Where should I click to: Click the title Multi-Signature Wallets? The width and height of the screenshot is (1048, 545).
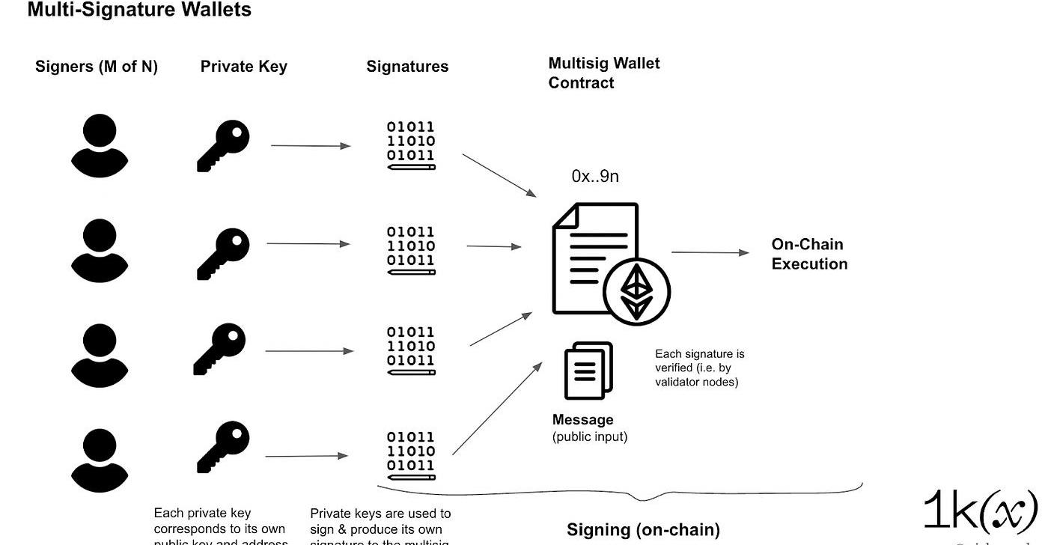[139, 10]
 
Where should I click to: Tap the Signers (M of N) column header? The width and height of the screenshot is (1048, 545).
[97, 67]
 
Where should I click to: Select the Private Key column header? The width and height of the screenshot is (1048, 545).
[243, 67]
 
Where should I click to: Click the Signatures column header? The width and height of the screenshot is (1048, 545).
[407, 67]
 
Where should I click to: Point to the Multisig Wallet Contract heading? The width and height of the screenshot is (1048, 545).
[603, 73]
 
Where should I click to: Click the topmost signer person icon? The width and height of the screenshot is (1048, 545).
[100, 145]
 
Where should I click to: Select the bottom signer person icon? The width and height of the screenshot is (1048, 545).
[100, 460]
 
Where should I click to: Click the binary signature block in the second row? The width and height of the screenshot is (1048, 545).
[411, 249]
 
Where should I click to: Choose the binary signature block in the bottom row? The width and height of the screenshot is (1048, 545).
[411, 454]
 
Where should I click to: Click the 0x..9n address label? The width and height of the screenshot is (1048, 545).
[595, 177]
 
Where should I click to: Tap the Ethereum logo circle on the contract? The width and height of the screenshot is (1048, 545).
[636, 292]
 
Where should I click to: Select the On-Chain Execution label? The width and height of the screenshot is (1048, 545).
[809, 254]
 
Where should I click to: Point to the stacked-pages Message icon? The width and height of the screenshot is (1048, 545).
[588, 371]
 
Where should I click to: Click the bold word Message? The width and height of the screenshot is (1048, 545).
[582, 420]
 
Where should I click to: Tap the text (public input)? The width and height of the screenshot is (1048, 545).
[590, 436]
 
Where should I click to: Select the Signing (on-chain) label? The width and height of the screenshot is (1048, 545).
[643, 530]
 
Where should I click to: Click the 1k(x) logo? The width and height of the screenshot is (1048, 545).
[980, 512]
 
